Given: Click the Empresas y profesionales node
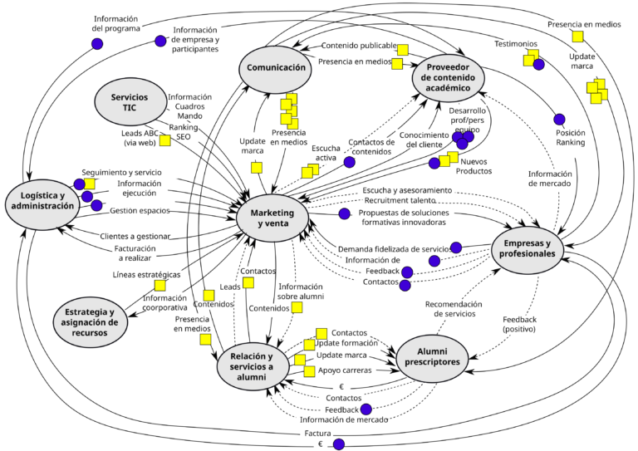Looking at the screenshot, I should pyautogui.click(x=528, y=248).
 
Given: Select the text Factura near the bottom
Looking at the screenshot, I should pyautogui.click(x=317, y=434).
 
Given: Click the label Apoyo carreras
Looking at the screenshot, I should pyautogui.click(x=345, y=370).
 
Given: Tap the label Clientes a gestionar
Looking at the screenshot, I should pyautogui.click(x=135, y=237).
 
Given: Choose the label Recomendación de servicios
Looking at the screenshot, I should pyautogui.click(x=454, y=309).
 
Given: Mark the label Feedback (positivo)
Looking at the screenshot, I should pyautogui.click(x=519, y=324).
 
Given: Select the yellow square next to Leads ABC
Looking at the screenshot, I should pyautogui.click(x=165, y=140).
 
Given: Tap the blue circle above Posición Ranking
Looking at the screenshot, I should pyautogui.click(x=559, y=120).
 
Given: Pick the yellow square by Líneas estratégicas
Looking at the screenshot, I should pyautogui.click(x=159, y=286).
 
